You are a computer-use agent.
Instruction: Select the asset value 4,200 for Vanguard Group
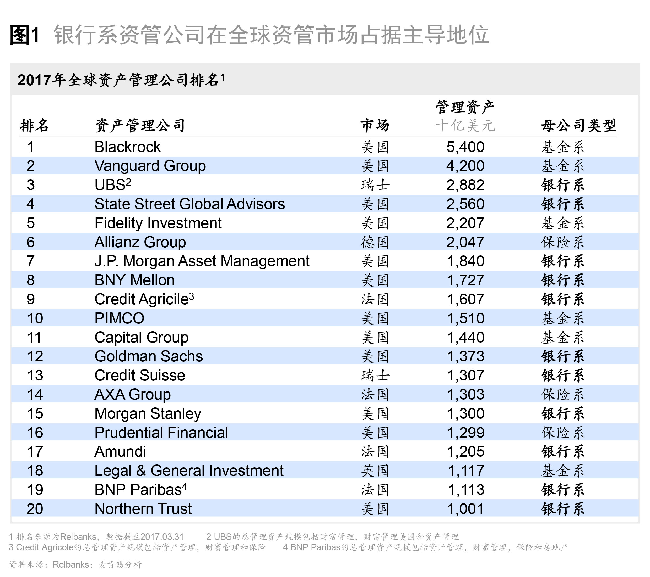(x=465, y=166)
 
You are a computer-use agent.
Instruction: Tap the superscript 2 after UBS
(x=128, y=182)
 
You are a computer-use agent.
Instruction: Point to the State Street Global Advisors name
(x=189, y=204)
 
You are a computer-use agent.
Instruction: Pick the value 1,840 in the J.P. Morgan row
(x=465, y=261)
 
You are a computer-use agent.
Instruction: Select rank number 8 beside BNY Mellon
(x=30, y=280)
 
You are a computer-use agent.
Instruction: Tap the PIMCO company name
(x=119, y=318)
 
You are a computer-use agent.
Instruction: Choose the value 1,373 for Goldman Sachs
(x=465, y=356)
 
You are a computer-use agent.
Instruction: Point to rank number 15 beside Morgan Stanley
(x=35, y=413)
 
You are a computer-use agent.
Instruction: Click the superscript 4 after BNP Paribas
(x=185, y=487)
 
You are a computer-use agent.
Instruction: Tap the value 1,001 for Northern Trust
(x=465, y=509)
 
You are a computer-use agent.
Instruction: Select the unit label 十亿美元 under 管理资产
(x=465, y=125)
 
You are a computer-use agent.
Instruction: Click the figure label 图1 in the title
(x=25, y=35)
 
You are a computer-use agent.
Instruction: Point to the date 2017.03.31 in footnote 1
(x=162, y=537)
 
